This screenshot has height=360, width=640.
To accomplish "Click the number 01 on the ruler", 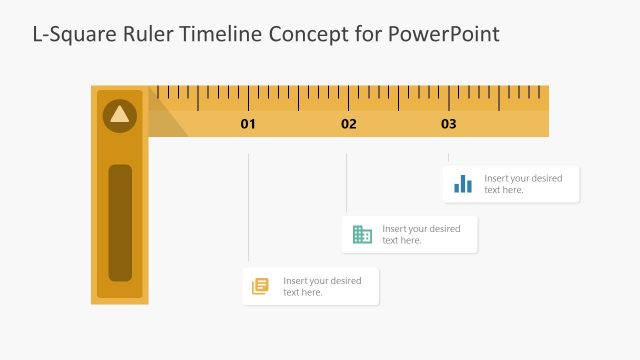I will pyautogui.click(x=248, y=125).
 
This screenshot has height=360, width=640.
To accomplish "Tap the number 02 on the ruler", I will pyautogui.click(x=348, y=125).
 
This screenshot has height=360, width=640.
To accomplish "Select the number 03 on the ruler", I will pyautogui.click(x=448, y=125).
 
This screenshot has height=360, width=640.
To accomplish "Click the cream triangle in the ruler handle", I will pyautogui.click(x=120, y=114).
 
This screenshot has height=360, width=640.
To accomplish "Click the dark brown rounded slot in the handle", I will pyautogui.click(x=120, y=222).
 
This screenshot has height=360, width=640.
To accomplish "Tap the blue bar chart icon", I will pyautogui.click(x=463, y=184).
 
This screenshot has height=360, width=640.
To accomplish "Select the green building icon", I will pyautogui.click(x=362, y=235).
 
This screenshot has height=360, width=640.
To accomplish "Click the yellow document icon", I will pyautogui.click(x=261, y=286).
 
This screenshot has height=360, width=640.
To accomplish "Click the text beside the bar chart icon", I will pyautogui.click(x=523, y=184).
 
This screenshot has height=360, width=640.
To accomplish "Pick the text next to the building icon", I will pyautogui.click(x=421, y=235).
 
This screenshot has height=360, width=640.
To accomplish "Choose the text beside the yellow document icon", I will pyautogui.click(x=322, y=286).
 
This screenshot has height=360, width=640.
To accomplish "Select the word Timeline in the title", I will pyautogui.click(x=225, y=35).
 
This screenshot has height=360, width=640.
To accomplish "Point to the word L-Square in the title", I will pyautogui.click(x=68, y=35).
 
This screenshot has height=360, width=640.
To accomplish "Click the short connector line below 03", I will pyautogui.click(x=448, y=158).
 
